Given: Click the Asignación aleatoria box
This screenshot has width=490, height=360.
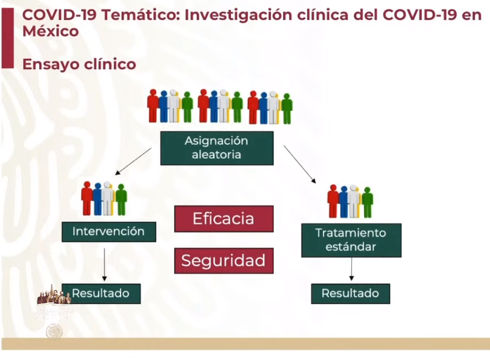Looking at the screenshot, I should (216, 148).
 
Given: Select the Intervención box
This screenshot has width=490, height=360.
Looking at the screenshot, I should (109, 232).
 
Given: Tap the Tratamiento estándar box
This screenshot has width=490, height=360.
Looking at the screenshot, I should (351, 240).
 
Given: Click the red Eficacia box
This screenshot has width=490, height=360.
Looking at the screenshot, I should (224, 218).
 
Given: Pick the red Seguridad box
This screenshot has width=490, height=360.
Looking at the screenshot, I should (224, 261).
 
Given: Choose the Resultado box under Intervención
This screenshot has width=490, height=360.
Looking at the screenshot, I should (101, 293).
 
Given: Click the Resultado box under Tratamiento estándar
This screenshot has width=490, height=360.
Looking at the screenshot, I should (351, 293).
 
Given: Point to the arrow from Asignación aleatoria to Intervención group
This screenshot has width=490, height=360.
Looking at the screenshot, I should (133, 161).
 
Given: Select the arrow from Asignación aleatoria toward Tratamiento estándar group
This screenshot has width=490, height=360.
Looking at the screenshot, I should (300, 164).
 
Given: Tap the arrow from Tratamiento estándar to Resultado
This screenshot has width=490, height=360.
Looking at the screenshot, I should (352, 269).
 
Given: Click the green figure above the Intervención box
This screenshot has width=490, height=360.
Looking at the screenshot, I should (121, 199).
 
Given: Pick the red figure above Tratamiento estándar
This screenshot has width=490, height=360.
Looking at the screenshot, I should (333, 201).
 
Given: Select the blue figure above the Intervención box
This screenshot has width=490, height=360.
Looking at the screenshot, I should (97, 199).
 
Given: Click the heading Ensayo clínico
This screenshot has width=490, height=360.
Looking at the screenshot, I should (79, 64).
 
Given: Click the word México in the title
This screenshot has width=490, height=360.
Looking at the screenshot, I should (50, 31).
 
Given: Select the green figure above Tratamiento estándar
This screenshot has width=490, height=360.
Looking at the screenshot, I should (367, 202).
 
